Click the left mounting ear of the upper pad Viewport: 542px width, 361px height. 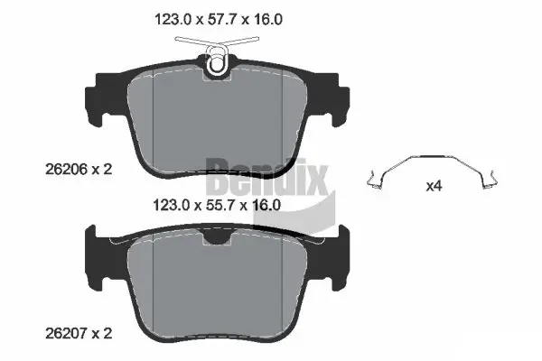(95, 99)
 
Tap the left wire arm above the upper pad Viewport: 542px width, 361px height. (190, 42)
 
